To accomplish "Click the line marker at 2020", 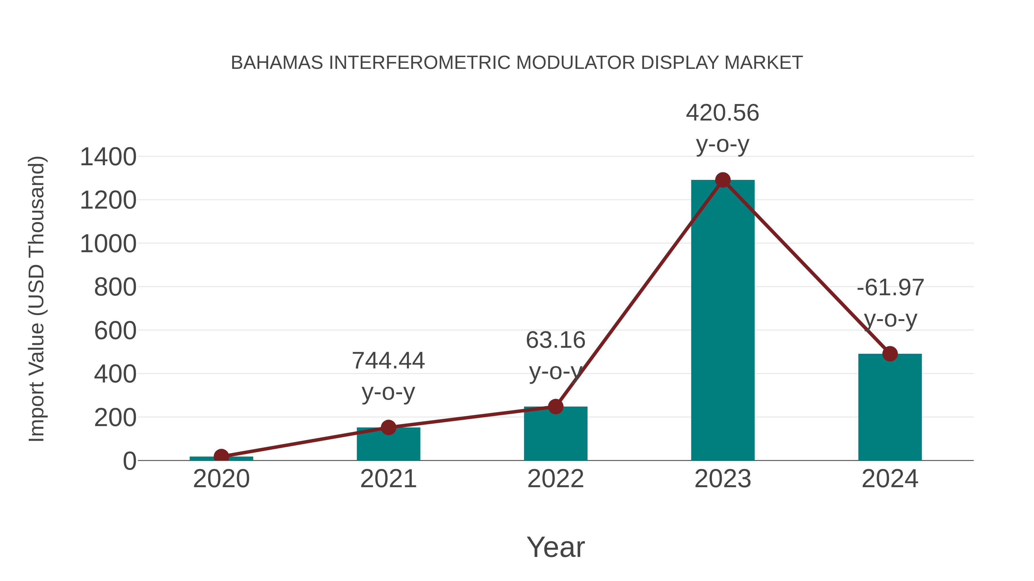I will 221,456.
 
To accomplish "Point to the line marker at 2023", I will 723,180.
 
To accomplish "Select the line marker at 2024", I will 890,354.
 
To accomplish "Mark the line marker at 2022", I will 555,407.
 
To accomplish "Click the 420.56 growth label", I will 723,113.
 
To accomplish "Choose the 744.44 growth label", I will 388,361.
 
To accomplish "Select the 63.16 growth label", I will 555,340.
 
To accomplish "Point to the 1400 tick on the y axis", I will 108,157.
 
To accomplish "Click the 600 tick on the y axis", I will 115,331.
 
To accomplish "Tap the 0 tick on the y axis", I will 129,461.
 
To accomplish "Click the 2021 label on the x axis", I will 388,479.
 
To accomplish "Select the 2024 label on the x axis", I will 890,479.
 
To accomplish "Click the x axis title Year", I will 555,547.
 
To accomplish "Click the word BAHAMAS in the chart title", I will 277,63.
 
